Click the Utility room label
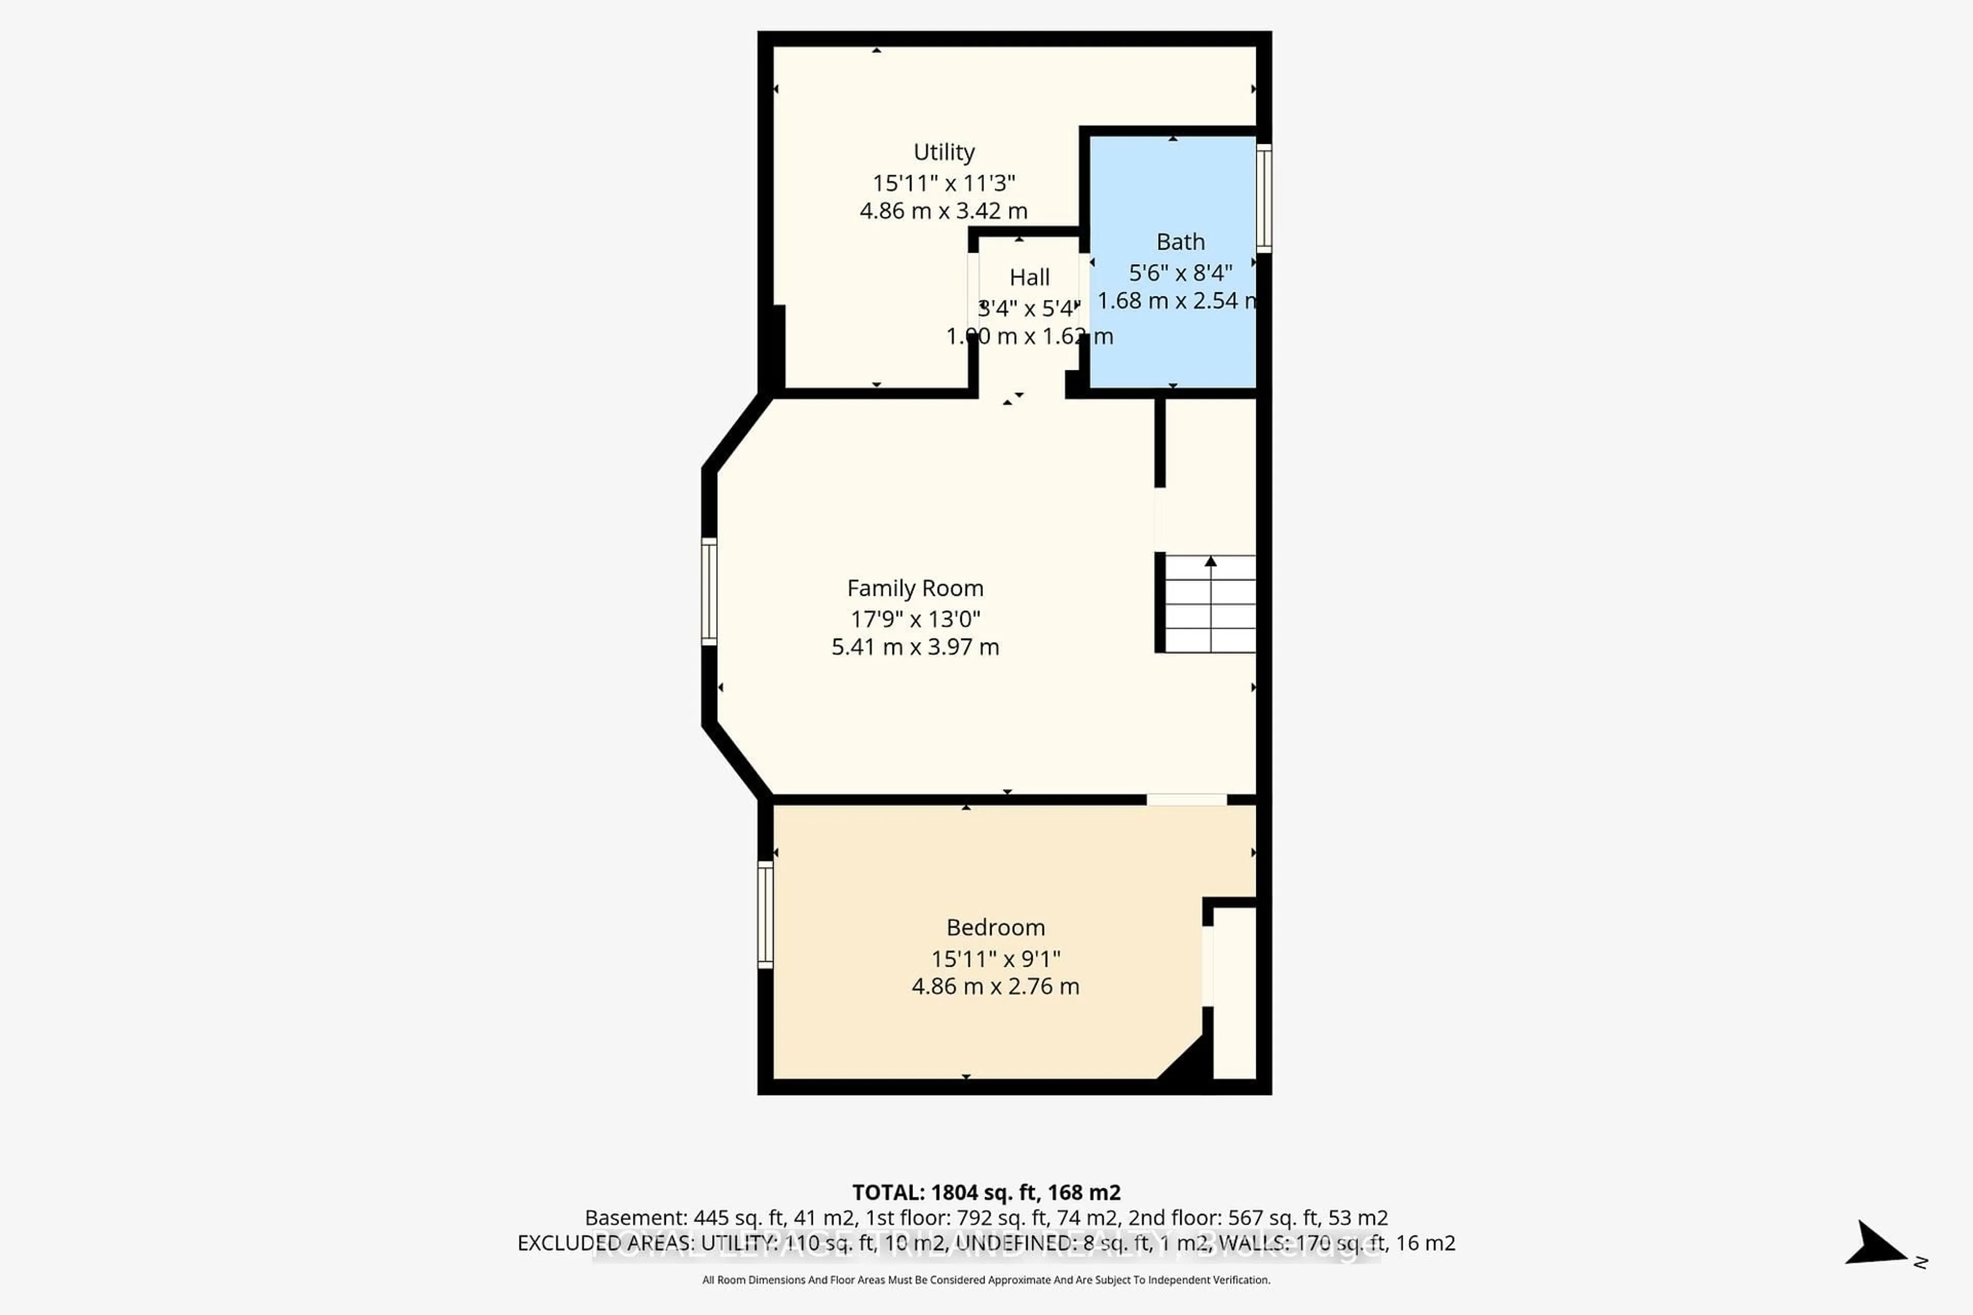(944, 153)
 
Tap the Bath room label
(1180, 242)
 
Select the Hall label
(1029, 277)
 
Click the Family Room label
(915, 589)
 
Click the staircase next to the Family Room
(1209, 604)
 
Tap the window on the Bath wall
(1263, 198)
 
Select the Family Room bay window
(709, 591)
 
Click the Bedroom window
(765, 915)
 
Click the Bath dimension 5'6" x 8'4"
(1180, 273)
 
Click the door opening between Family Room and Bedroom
(1186, 799)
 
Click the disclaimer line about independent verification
(985, 1280)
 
